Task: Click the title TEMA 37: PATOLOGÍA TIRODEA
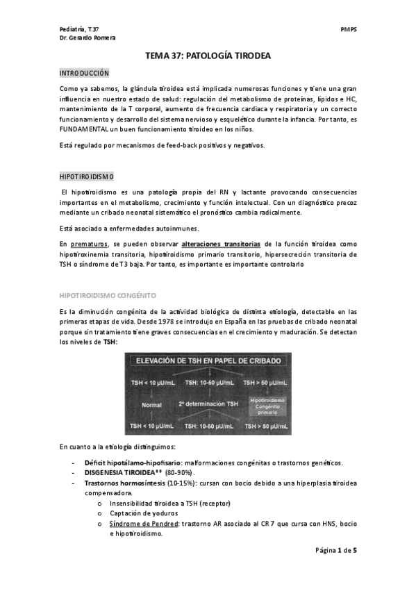[x=208, y=56]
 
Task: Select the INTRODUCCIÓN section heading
[x=84, y=73]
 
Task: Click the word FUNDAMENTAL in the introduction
[x=84, y=129]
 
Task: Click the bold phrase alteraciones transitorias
[x=221, y=244]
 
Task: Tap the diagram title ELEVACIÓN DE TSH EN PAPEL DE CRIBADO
[x=208, y=361]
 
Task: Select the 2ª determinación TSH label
[x=208, y=403]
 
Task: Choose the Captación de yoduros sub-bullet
[x=143, y=513]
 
